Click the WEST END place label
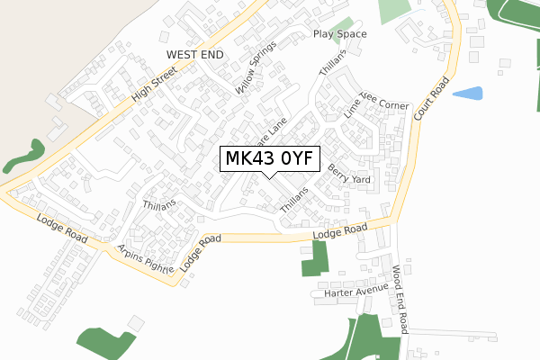[193, 55]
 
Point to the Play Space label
[339, 34]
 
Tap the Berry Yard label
[349, 173]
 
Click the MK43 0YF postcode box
[269, 158]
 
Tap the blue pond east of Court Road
[467, 93]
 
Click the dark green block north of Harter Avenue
[314, 258]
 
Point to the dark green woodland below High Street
[24, 155]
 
